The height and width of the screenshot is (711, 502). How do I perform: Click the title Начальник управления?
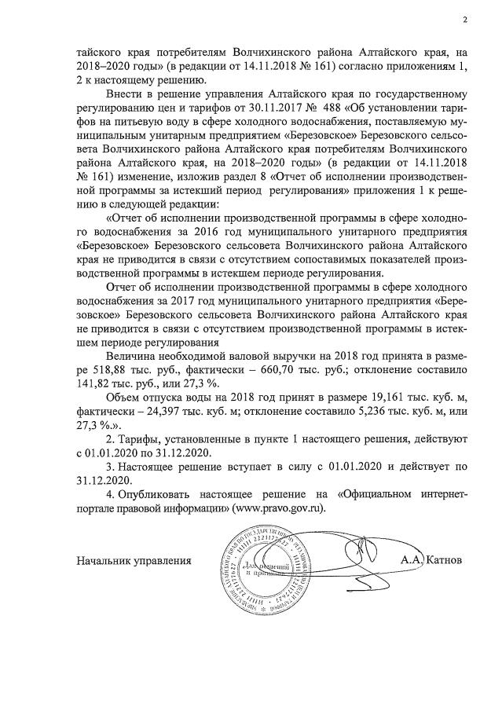(x=134, y=560)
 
